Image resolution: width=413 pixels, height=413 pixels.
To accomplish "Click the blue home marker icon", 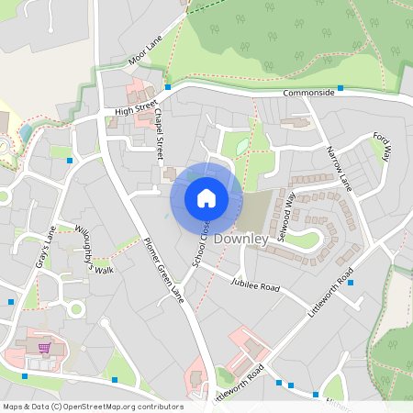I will point(206,197).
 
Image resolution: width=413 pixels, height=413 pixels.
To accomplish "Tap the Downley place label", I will point(240,239).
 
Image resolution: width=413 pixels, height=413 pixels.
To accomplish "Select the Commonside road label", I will point(308,93).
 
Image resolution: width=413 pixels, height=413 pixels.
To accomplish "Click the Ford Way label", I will point(382,147).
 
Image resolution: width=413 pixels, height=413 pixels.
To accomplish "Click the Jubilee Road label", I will point(255,286).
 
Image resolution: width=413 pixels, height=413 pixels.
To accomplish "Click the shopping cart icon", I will point(44,348).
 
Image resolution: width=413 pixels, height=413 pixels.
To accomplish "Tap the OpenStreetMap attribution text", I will point(93,407).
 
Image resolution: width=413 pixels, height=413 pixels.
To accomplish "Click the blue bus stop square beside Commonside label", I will point(340,88).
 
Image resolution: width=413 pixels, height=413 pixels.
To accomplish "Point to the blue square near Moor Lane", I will point(168,87).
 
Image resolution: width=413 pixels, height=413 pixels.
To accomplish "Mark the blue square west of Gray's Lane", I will point(11,301).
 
